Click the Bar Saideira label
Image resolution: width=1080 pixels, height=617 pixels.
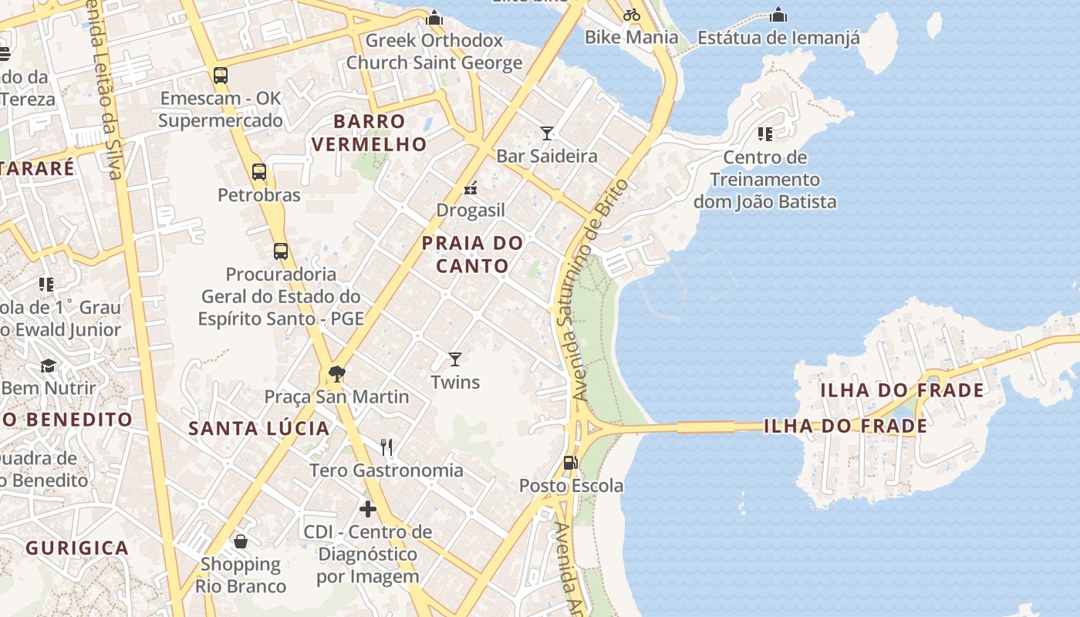pyautogui.click(x=546, y=156)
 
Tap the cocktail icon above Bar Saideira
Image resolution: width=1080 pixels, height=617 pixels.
pyautogui.click(x=547, y=133)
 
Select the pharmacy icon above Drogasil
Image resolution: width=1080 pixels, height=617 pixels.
pyautogui.click(x=471, y=188)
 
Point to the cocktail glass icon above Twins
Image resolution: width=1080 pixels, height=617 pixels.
pyautogui.click(x=455, y=359)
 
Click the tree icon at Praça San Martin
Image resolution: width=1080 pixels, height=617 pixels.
pyautogui.click(x=336, y=374)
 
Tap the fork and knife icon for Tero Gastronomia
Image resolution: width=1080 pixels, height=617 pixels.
pyautogui.click(x=386, y=447)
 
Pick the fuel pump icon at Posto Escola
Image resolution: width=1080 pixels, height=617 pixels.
pyautogui.click(x=571, y=463)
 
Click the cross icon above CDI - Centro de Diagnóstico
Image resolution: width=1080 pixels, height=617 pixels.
pyautogui.click(x=368, y=509)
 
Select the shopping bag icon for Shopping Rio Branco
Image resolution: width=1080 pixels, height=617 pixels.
pyautogui.click(x=241, y=541)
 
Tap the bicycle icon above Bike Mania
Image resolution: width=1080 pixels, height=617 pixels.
pyautogui.click(x=632, y=14)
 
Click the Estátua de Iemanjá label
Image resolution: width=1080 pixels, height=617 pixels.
pyautogui.click(x=778, y=37)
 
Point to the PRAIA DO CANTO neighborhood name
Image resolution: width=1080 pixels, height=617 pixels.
pyautogui.click(x=472, y=255)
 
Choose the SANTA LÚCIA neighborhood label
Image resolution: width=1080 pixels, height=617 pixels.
pyautogui.click(x=259, y=429)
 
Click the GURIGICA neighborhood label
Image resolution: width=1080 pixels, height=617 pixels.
pyautogui.click(x=77, y=548)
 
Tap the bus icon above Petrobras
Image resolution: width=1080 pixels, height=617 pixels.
pyautogui.click(x=259, y=172)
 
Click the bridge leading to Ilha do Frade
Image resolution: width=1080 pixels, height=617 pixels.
pyautogui.click(x=706, y=427)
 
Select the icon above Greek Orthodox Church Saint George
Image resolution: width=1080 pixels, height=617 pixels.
pyautogui.click(x=435, y=17)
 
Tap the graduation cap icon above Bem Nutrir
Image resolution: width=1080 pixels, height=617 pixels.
pyautogui.click(x=49, y=366)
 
